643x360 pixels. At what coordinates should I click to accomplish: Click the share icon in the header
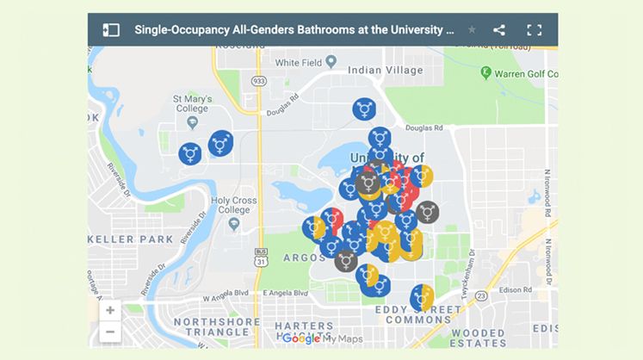point(499,30)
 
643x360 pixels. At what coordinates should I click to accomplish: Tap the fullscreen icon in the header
point(534,30)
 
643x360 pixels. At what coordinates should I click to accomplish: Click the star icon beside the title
point(472,30)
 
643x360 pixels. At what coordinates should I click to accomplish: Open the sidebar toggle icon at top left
point(110,30)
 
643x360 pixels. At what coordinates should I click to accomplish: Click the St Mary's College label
point(191,104)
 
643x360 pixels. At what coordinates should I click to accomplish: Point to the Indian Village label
point(382,70)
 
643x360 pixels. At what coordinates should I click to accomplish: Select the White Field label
point(299,62)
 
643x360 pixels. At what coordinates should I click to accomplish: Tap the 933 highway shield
point(259,80)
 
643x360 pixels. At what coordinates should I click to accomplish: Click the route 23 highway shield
point(481,295)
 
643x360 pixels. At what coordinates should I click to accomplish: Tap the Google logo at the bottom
point(300,338)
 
